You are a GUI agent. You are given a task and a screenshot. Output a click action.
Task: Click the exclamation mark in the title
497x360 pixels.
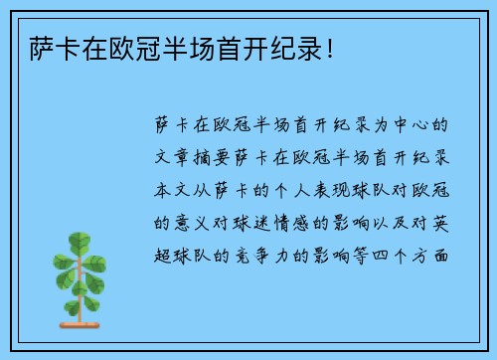pos(331,47)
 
